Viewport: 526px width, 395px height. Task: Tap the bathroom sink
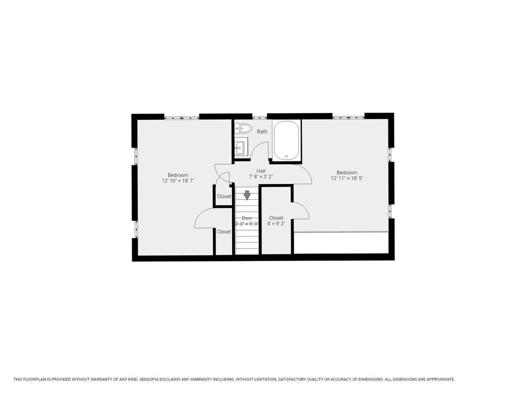[240, 146]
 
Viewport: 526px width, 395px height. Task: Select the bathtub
[286, 141]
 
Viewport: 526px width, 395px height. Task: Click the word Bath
[262, 132]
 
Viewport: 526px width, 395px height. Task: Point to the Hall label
[261, 171]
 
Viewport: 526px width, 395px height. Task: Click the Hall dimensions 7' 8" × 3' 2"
[261, 177]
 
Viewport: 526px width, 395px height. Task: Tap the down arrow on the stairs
[247, 195]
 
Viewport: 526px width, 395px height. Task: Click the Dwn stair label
[247, 218]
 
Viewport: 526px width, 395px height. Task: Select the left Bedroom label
[178, 175]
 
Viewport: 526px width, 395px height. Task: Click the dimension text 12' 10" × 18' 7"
[178, 181]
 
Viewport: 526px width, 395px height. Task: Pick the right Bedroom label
[346, 173]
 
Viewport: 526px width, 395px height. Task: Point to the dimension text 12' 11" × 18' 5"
[346, 179]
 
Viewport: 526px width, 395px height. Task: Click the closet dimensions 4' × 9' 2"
[276, 224]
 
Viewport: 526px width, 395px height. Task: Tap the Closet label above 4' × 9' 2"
[276, 218]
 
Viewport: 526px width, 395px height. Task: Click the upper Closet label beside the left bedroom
[224, 196]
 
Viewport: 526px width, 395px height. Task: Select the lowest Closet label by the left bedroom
[224, 232]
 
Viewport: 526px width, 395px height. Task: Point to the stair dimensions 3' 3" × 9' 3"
[247, 224]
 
